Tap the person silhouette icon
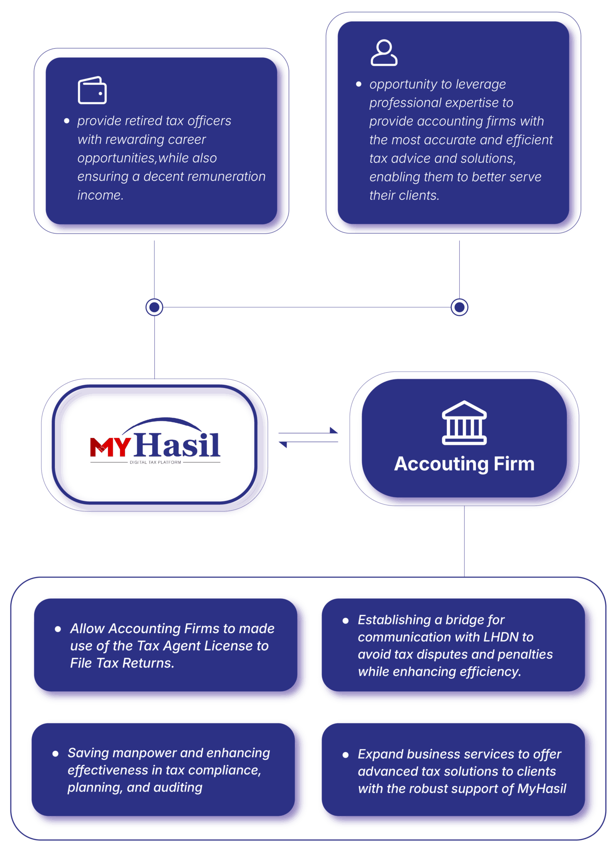[384, 53]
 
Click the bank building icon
[464, 423]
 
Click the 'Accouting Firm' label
[464, 463]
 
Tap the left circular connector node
[154, 307]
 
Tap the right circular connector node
[459, 307]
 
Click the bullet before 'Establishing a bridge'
[345, 621]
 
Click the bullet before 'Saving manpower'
[55, 754]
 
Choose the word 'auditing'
[178, 788]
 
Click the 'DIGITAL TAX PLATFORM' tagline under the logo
[155, 462]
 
